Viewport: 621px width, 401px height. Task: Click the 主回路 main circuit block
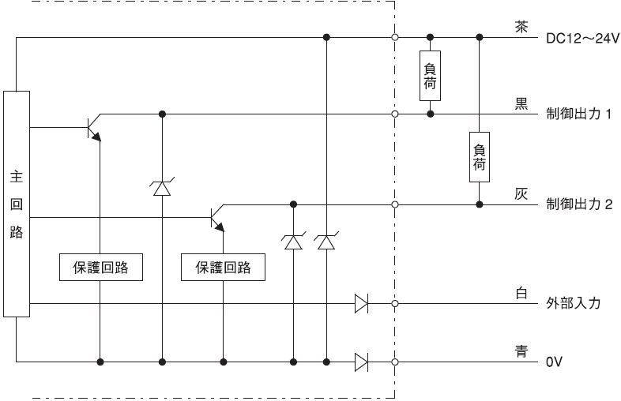(17, 204)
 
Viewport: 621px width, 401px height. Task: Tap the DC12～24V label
(582, 39)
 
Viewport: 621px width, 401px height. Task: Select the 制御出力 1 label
(578, 114)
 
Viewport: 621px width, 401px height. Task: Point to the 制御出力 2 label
(579, 204)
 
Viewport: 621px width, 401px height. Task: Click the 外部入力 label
(574, 303)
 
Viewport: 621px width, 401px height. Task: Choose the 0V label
(554, 362)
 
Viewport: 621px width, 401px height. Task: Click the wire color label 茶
(521, 27)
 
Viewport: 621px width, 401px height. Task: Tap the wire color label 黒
(521, 103)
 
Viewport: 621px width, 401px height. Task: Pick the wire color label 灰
(521, 193)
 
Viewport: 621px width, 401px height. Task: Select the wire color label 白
(521, 293)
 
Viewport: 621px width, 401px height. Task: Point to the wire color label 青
(521, 350)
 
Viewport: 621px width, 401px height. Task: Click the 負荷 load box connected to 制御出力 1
(430, 76)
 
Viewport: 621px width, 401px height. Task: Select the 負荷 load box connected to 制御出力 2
(480, 157)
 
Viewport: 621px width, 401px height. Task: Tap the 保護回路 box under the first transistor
(101, 267)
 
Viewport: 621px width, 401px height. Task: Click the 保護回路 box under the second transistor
(223, 267)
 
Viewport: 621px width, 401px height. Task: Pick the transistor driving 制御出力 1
(94, 127)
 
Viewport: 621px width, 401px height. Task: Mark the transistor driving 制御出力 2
(217, 218)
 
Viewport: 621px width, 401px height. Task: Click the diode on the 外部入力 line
(361, 304)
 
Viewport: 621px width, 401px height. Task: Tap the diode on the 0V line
(361, 362)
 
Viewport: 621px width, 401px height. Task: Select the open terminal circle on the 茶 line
(394, 38)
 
